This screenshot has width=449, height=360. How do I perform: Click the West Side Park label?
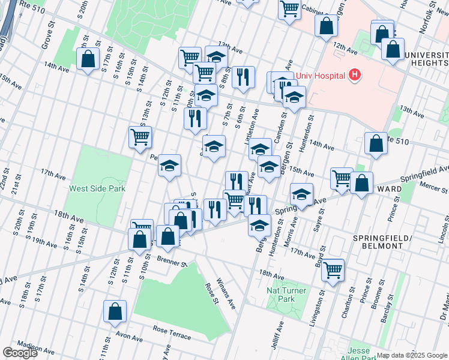pos(97,188)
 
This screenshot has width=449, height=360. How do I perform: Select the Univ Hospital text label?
pos(320,75)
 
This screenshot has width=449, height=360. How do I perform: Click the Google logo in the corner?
pos(20,353)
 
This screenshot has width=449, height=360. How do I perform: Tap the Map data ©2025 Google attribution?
pos(412,355)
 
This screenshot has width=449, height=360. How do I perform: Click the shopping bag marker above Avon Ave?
pos(115,312)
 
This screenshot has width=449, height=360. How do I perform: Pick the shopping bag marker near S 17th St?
pos(88,59)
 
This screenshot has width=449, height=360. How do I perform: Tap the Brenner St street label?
pos(173,262)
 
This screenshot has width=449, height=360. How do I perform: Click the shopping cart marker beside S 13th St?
pos(140,136)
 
